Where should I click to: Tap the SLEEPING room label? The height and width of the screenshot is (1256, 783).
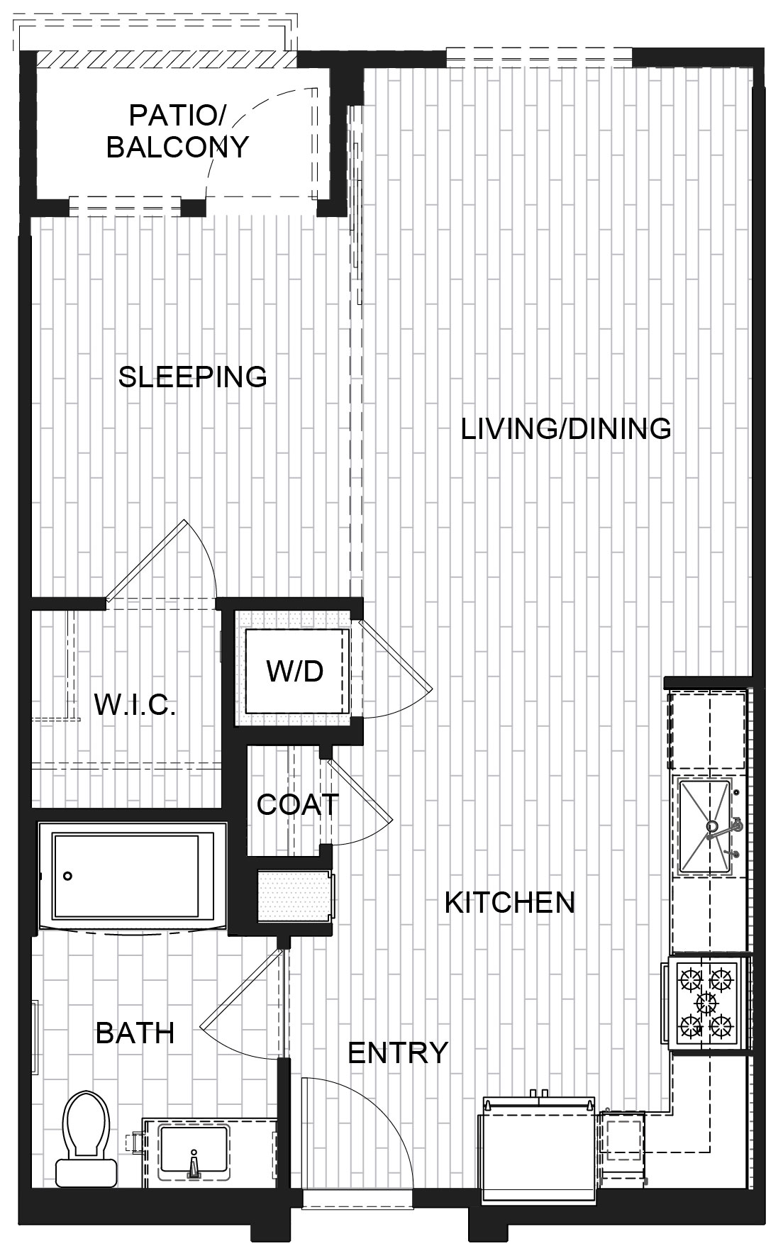click(192, 377)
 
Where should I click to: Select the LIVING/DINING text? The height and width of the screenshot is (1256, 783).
click(566, 429)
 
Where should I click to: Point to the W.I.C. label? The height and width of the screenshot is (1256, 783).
click(135, 705)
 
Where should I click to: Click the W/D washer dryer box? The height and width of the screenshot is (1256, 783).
click(295, 670)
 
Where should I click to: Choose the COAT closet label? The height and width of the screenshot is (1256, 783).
click(298, 804)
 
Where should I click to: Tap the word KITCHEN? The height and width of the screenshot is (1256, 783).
click(510, 902)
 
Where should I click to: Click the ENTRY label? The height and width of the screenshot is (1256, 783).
click(398, 1052)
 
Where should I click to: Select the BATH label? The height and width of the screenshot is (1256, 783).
click(135, 1033)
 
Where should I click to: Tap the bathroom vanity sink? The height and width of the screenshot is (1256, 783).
click(194, 1150)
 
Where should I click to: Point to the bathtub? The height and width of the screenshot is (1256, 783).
click(133, 877)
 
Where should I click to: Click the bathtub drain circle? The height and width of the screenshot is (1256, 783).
click(67, 876)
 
